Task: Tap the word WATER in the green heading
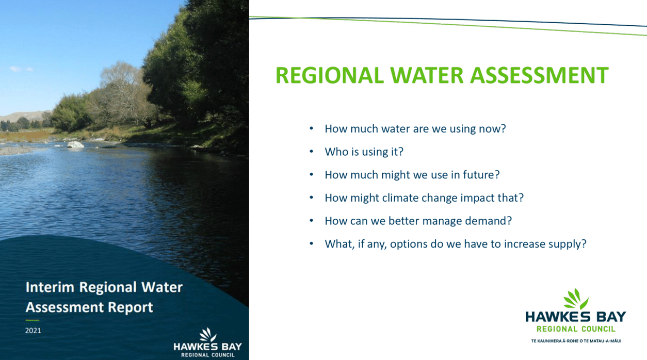point(427,75)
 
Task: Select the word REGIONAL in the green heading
point(330,75)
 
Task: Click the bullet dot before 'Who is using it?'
point(311,151)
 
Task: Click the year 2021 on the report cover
point(33,331)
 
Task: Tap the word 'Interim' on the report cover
point(50,287)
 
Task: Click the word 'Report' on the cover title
point(130,307)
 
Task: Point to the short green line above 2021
point(33,320)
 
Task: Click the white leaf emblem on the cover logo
point(208,335)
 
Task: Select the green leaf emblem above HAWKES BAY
point(576,299)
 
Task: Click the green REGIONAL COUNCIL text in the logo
point(576,329)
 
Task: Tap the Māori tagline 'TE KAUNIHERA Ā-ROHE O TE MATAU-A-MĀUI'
point(576,341)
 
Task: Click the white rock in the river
point(75,144)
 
